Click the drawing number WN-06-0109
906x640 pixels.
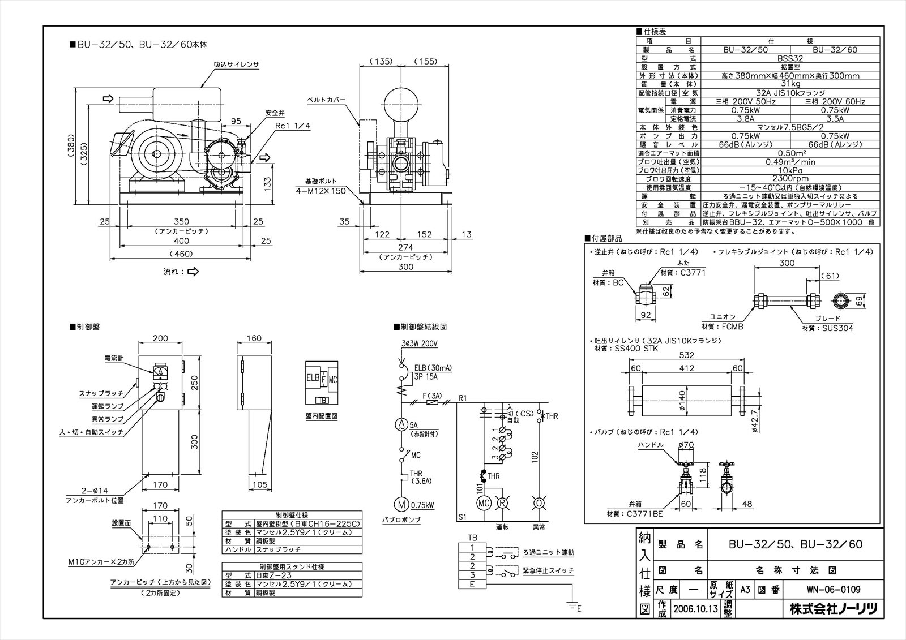pos(833,590)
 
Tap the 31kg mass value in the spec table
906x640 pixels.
pos(790,84)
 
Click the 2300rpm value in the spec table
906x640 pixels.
pos(790,178)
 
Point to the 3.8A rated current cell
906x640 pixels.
pos(745,119)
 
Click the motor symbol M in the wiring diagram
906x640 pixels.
pos(401,503)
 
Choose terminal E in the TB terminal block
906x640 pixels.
pos(471,584)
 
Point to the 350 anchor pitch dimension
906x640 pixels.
pos(181,221)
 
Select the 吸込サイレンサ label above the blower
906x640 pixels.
pos(236,65)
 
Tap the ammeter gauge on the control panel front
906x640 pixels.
pos(160,372)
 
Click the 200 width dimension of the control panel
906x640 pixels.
pos(161,338)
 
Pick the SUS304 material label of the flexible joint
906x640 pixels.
pos(835,328)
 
